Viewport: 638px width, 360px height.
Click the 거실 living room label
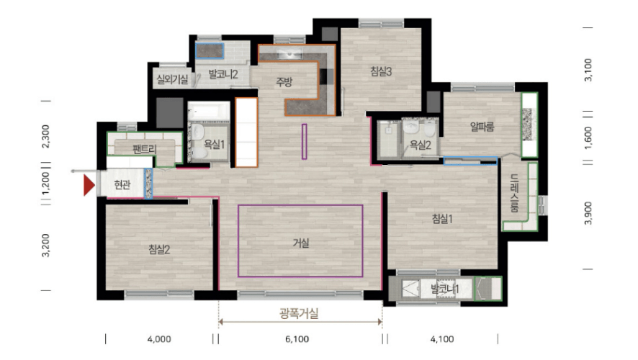pyautogui.click(x=301, y=243)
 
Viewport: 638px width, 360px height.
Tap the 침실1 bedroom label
pyautogui.click(x=442, y=219)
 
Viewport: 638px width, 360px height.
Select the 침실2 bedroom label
pyautogui.click(x=159, y=249)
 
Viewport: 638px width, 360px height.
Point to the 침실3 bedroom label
pyautogui.click(x=381, y=71)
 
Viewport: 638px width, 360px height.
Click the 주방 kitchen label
pyautogui.click(x=284, y=82)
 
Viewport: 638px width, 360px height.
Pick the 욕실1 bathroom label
pyautogui.click(x=214, y=144)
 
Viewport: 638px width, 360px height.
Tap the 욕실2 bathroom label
pyautogui.click(x=420, y=145)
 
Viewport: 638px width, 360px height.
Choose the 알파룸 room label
pyautogui.click(x=482, y=127)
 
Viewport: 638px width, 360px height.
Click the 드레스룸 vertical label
pyautogui.click(x=515, y=193)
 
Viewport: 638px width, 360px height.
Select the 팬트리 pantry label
pyautogui.click(x=145, y=149)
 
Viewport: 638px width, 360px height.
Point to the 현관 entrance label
pyautogui.click(x=122, y=184)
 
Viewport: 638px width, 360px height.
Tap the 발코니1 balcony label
pyautogui.click(x=445, y=289)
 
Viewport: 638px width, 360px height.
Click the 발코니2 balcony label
pyautogui.click(x=223, y=74)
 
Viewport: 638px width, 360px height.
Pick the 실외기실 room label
pyautogui.click(x=173, y=79)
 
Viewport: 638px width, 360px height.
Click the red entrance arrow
pyautogui.click(x=89, y=185)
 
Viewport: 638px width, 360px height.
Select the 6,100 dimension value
pyautogui.click(x=297, y=339)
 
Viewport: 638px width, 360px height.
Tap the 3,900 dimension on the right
pyautogui.click(x=588, y=213)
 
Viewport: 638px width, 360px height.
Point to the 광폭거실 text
pyautogui.click(x=299, y=313)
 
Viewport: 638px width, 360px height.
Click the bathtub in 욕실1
pyautogui.click(x=209, y=110)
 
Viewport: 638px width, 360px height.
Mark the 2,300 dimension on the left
pyautogui.click(x=45, y=136)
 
